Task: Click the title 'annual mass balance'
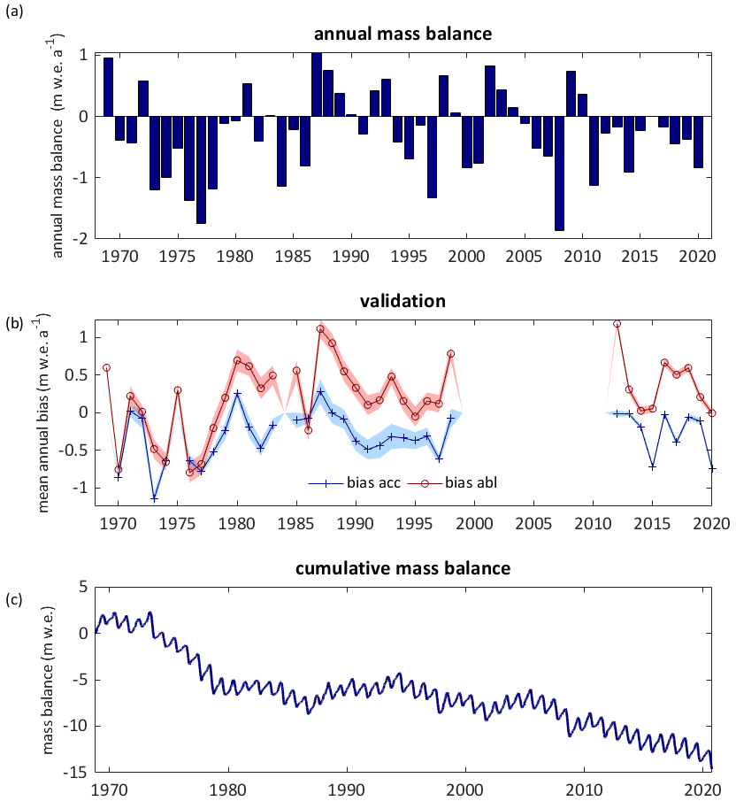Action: pos(404,35)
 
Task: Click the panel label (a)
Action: pos(14,15)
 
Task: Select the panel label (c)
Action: pos(14,598)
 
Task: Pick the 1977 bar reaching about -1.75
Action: pos(201,169)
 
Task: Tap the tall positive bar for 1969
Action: pos(108,87)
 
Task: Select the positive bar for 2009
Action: pos(571,93)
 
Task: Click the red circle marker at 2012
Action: pos(617,323)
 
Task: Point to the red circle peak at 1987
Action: pos(320,328)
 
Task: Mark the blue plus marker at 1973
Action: pos(154,498)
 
